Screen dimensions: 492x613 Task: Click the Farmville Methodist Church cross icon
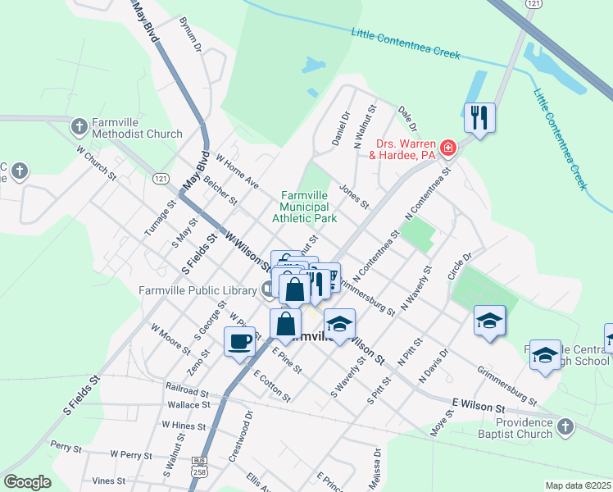(x=79, y=126)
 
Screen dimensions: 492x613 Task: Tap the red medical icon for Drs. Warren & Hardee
(x=447, y=148)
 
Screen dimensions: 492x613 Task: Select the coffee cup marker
(x=239, y=341)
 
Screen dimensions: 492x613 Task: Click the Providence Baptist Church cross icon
(x=565, y=426)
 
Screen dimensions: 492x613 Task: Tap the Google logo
(x=27, y=482)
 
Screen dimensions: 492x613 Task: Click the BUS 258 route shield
(x=198, y=467)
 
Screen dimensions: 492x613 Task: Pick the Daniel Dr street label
(x=341, y=129)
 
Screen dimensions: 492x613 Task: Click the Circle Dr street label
(x=461, y=266)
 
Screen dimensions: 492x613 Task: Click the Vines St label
(x=108, y=481)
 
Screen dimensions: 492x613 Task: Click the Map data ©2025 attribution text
(x=578, y=485)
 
